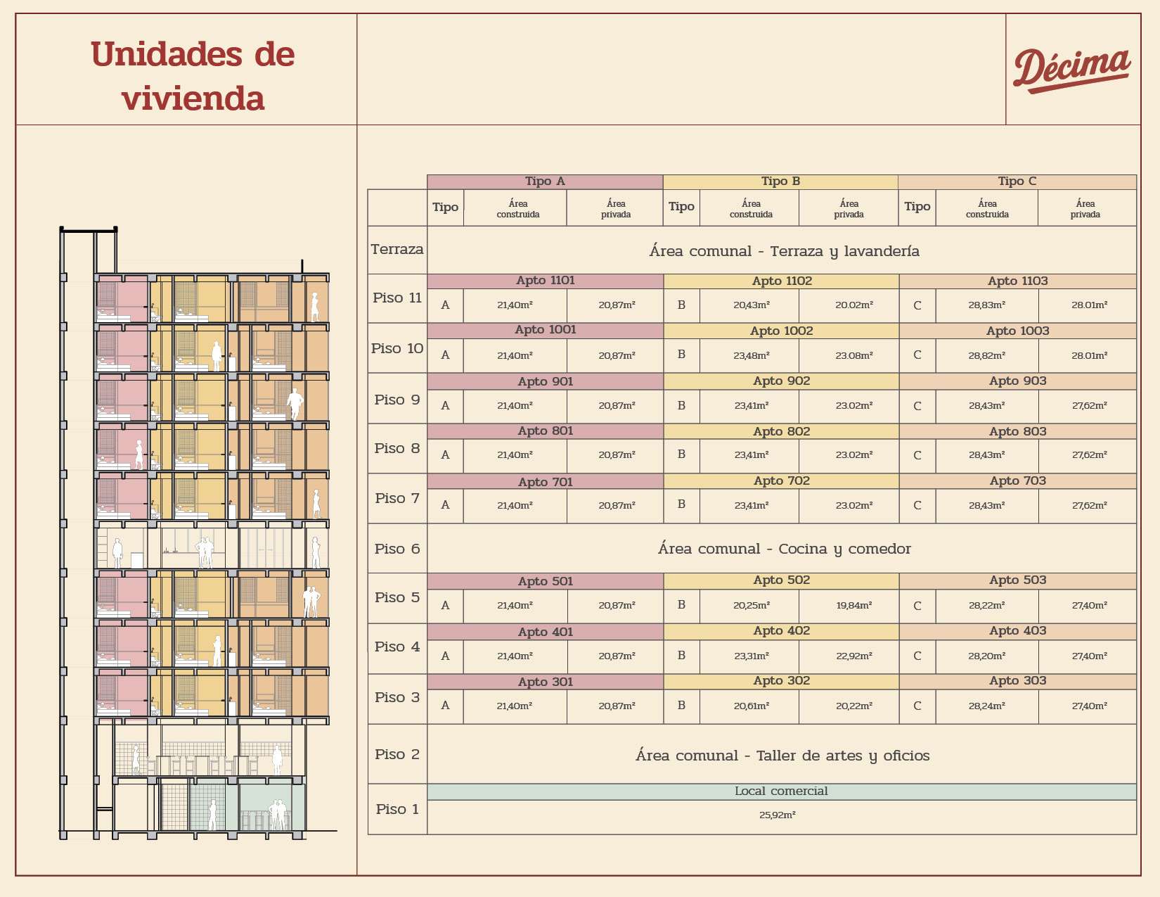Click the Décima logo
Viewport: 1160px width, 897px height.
(x=1071, y=69)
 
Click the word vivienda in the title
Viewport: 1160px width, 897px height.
(x=193, y=98)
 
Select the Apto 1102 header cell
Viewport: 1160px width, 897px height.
(x=781, y=281)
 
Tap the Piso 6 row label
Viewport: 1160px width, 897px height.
(x=397, y=549)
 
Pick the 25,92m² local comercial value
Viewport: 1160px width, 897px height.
(x=777, y=815)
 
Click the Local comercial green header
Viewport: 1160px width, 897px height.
(x=781, y=791)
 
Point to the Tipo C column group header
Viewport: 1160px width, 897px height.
(x=1017, y=182)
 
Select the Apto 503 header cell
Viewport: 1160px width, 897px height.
(x=1017, y=580)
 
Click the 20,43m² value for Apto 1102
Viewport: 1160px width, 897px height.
(x=751, y=305)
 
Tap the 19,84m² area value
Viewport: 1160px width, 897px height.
(x=853, y=605)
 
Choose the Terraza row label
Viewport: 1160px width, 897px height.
(x=397, y=249)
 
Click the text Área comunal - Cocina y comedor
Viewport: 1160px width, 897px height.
(x=784, y=549)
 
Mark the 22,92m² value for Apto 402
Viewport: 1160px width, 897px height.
(x=853, y=656)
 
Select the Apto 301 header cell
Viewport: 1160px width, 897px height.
(x=545, y=682)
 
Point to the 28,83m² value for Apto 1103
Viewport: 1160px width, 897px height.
(x=986, y=305)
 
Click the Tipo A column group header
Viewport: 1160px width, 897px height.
(x=545, y=182)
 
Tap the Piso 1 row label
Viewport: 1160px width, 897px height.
(x=397, y=809)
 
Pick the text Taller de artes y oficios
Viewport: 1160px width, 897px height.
(x=842, y=756)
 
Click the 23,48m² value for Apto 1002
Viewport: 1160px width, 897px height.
(x=751, y=355)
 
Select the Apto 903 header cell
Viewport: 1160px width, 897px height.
(x=1017, y=381)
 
